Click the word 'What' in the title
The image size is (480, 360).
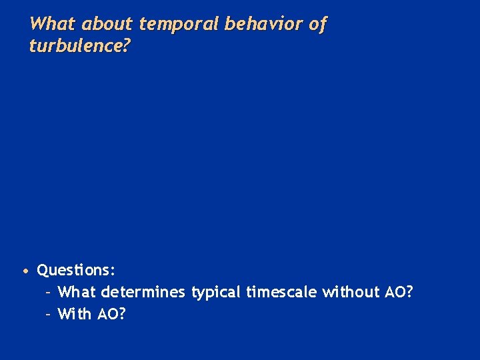click(53, 25)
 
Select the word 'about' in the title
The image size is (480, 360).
click(107, 25)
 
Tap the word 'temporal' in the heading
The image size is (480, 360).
click(179, 25)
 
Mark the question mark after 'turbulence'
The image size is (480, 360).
click(127, 46)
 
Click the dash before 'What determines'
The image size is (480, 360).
click(49, 293)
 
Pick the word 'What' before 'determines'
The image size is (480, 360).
click(77, 292)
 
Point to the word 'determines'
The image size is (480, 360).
click(143, 292)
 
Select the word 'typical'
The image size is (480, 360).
click(216, 293)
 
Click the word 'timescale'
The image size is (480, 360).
click(281, 292)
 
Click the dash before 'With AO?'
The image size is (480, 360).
click(49, 314)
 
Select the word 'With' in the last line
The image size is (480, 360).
click(75, 313)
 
